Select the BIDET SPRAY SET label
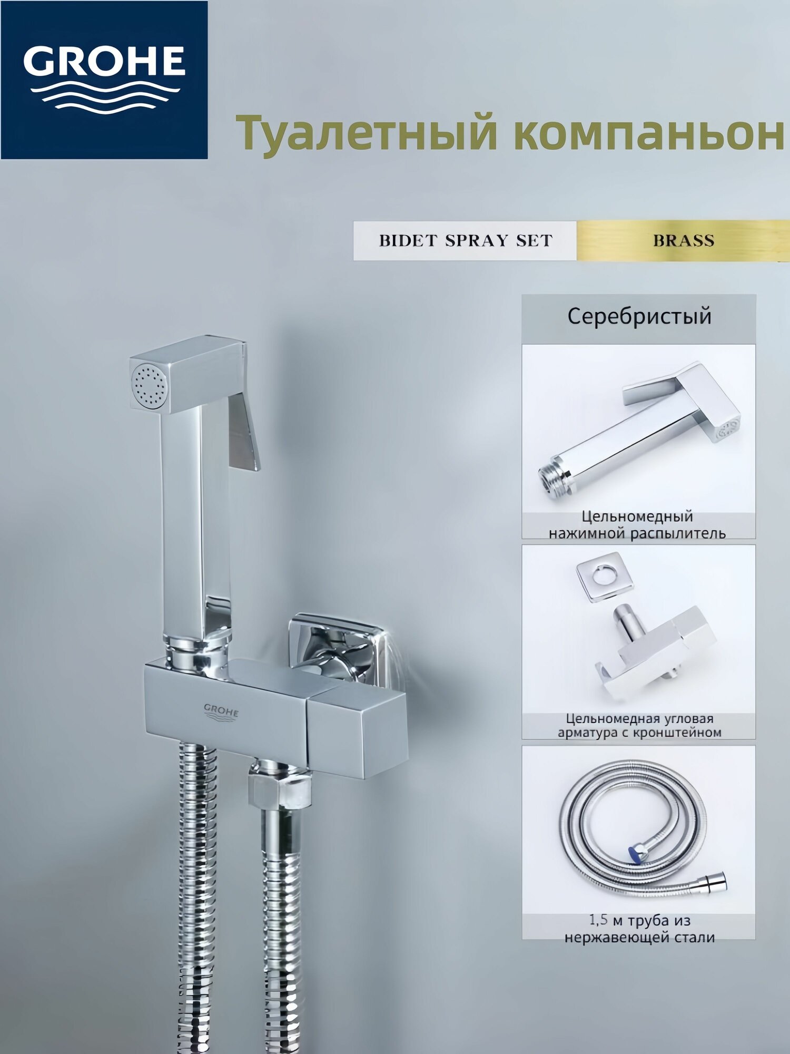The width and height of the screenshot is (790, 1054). pyautogui.click(x=465, y=241)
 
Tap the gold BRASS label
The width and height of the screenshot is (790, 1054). pyautogui.click(x=683, y=241)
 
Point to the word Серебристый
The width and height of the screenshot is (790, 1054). pyautogui.click(x=639, y=317)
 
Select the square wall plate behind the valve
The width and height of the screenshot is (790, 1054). pyautogui.click(x=337, y=648)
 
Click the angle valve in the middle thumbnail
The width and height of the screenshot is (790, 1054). pyautogui.click(x=653, y=653)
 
